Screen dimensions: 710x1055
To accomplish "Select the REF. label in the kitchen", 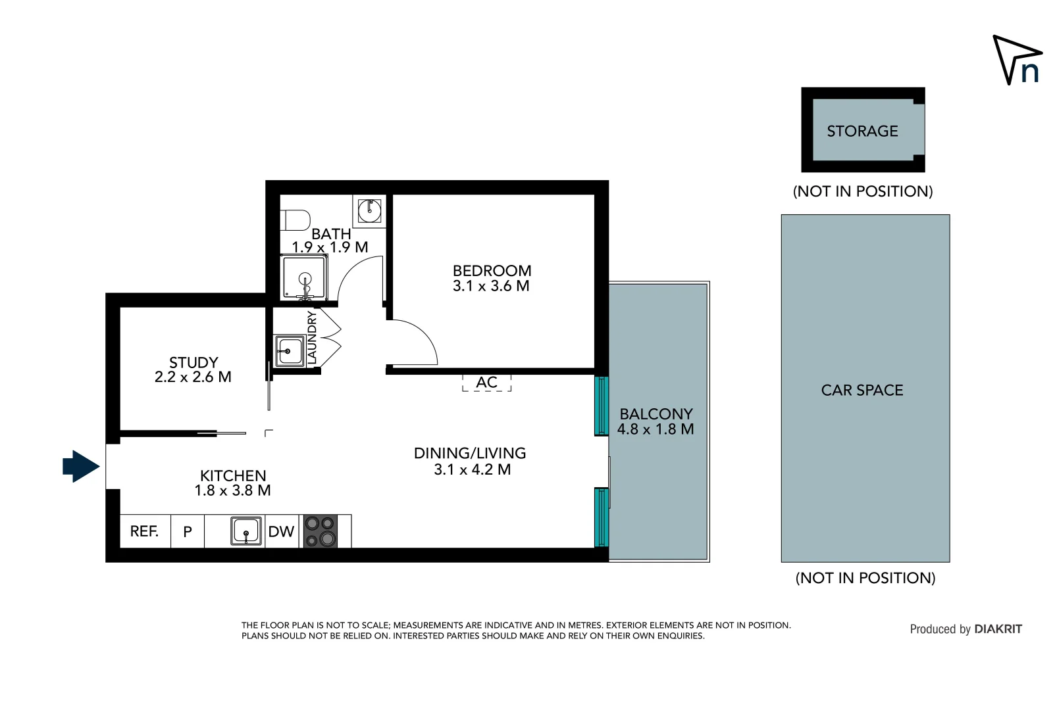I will [144, 531].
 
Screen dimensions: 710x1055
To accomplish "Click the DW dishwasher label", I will [281, 532].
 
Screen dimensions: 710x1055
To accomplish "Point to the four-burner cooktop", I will [321, 531].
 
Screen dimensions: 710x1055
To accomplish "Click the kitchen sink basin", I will [246, 531].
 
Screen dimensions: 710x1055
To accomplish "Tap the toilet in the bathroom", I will [296, 220].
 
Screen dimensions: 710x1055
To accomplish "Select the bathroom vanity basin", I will [369, 211].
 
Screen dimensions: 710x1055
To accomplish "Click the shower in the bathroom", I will [304, 277].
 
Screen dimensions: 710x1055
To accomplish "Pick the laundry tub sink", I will [289, 350].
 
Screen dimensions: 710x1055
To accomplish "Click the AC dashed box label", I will [486, 383].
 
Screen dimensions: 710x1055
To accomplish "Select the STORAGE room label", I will [862, 131].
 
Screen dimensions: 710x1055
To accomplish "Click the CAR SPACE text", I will [862, 390].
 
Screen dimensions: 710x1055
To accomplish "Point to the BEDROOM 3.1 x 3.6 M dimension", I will [491, 286].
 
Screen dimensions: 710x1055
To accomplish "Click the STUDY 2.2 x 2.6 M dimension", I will [193, 377].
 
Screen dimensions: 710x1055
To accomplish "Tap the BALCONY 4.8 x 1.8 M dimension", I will [656, 429].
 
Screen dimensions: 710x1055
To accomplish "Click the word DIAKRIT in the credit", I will [998, 629].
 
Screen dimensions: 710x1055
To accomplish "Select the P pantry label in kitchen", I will [188, 532].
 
